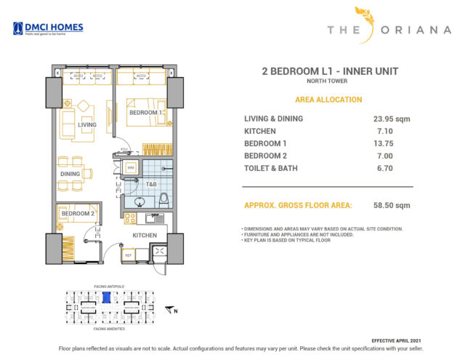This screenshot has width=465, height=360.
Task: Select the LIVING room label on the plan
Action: pos(87,125)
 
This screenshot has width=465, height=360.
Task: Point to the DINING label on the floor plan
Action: pos(70,174)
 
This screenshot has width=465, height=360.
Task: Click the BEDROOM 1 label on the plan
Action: pos(145,113)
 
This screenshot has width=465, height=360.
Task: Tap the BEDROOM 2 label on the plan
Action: pos(78,213)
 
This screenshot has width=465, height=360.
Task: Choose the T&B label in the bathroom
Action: pos(151,185)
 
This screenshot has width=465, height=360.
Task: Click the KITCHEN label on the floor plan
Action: pos(145,236)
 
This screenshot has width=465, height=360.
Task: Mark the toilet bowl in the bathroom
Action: pos(163,198)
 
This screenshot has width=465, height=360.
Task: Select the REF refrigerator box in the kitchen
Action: pos(129,255)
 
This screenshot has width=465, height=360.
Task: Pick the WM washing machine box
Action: pos(131,168)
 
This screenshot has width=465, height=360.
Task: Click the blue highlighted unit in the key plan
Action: pos(105,297)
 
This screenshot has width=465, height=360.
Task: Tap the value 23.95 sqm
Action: pos(387,119)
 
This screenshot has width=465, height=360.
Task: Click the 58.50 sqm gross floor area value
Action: pos(387,206)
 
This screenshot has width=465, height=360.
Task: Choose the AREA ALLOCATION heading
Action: pos(328,100)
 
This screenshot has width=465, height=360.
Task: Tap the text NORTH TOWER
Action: pos(329,81)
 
